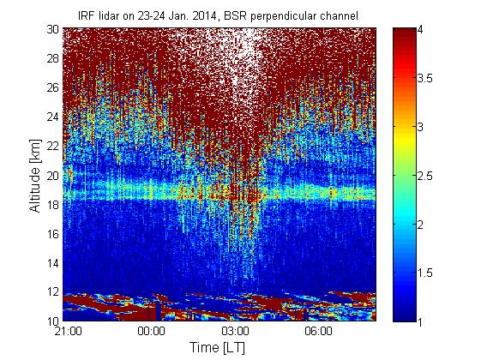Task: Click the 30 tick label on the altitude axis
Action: pos(53,29)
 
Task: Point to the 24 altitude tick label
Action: pos(53,117)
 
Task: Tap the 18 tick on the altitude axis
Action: pos(53,205)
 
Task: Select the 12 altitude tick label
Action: pos(53,291)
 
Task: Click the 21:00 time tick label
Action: pos(68,331)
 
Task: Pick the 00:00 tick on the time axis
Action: pos(151,331)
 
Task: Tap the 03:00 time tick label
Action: pos(235,331)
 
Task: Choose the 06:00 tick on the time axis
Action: pos(319,331)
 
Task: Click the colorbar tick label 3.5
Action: pos(425,79)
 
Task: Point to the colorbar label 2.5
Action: pos(425,177)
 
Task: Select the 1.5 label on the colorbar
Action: pos(425,273)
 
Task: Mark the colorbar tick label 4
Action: pos(421,30)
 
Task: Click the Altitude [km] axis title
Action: pos(35,176)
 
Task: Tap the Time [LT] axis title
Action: pos(218,348)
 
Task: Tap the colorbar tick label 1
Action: pos(421,322)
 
